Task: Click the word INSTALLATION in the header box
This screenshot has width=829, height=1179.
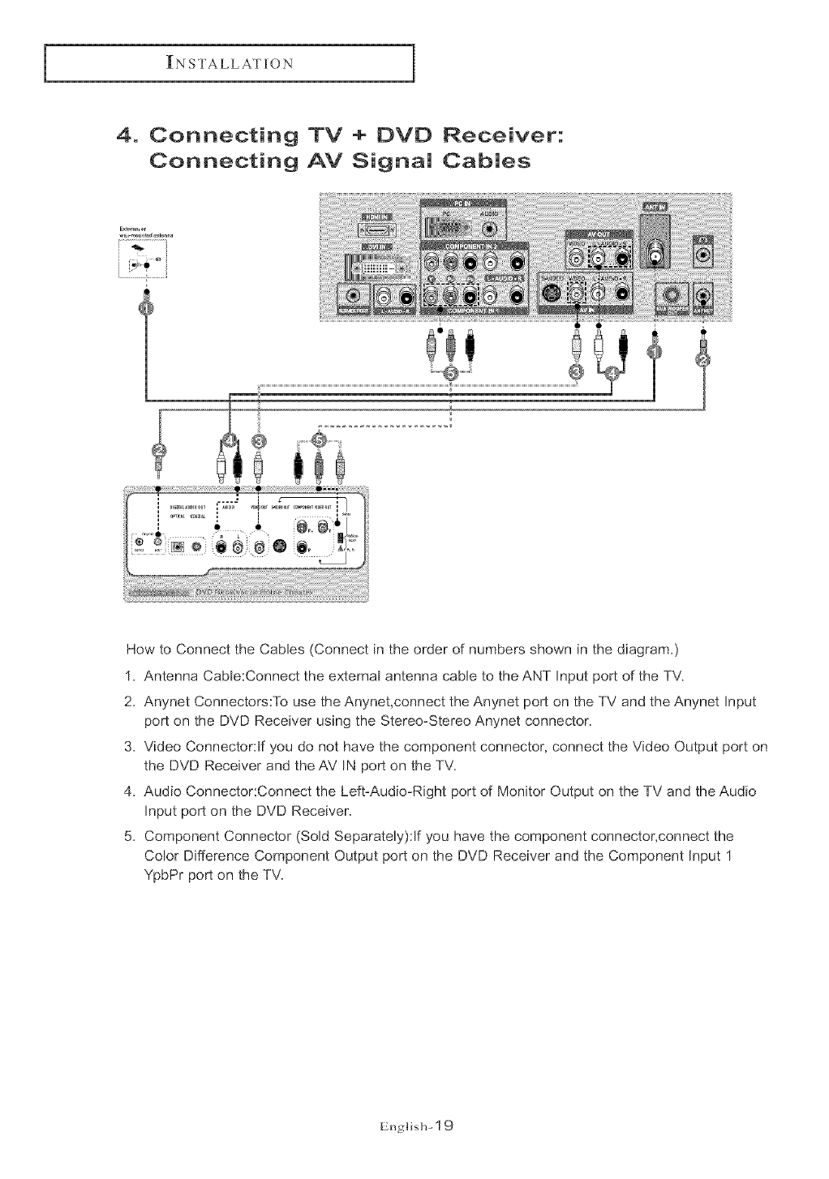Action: (229, 63)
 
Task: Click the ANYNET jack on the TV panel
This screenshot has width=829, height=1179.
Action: (703, 297)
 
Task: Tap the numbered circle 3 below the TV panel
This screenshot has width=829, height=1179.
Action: (576, 371)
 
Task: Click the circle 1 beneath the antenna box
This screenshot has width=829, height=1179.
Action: (144, 309)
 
